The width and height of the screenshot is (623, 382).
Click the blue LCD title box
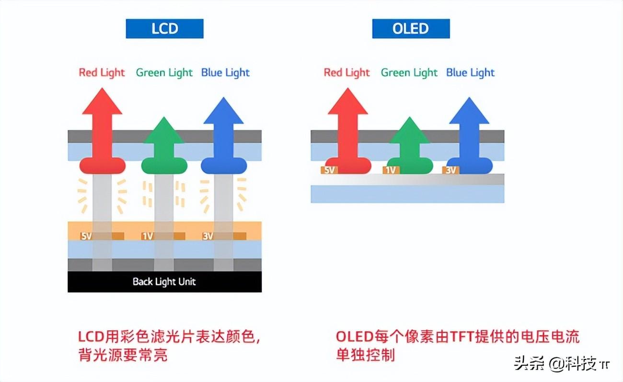(x=164, y=29)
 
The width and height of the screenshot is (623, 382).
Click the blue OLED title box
(x=411, y=29)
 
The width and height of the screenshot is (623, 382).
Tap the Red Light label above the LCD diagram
(x=102, y=73)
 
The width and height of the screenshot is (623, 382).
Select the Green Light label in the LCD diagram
(x=164, y=73)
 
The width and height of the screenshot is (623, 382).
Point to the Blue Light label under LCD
(x=225, y=73)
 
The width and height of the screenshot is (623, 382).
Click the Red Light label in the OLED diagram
(x=346, y=73)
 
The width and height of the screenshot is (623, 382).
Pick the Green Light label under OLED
(x=409, y=73)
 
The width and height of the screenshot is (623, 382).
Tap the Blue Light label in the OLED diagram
(x=470, y=73)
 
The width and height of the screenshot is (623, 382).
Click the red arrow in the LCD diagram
(x=102, y=129)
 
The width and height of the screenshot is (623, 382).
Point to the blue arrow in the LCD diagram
(x=224, y=134)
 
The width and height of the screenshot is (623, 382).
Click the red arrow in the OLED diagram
(x=347, y=129)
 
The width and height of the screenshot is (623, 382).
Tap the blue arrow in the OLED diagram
(x=469, y=134)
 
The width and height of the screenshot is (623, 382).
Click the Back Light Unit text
(x=164, y=281)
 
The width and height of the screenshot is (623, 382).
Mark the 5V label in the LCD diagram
(x=87, y=236)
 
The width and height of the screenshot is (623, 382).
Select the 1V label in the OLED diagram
(x=391, y=170)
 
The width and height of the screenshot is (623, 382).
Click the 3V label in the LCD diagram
(x=208, y=236)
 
